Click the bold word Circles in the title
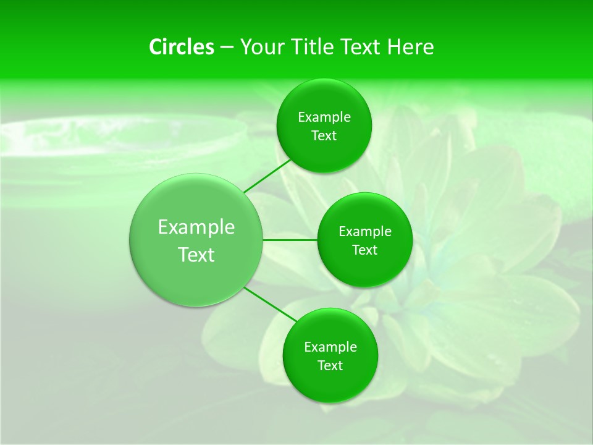coord(181,47)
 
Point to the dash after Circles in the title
coord(227,47)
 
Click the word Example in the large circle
coord(196,227)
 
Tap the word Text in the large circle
coord(196,255)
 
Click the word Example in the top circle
coord(324,117)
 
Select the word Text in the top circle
coord(324,136)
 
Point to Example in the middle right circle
coord(365,232)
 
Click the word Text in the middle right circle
coord(365,250)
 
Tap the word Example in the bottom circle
coord(330,347)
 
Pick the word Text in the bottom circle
coord(330,366)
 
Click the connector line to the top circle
coord(267,176)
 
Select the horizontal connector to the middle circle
coord(290,240)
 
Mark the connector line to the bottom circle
coord(270,304)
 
